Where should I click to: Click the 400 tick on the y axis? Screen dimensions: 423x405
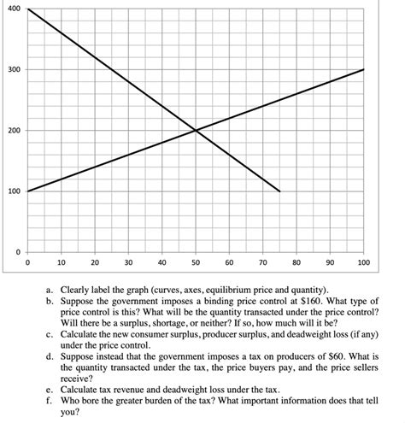pyautogui.click(x=14, y=9)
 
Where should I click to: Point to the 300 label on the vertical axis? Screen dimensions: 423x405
pyautogui.click(x=14, y=69)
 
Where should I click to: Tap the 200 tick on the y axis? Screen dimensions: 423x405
pyautogui.click(x=14, y=130)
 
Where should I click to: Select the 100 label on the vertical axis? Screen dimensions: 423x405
pyautogui.click(x=14, y=191)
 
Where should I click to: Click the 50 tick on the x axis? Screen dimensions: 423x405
pyautogui.click(x=196, y=263)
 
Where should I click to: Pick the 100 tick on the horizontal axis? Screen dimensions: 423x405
pyautogui.click(x=363, y=263)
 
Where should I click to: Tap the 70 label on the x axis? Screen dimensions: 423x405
pyautogui.click(x=262, y=263)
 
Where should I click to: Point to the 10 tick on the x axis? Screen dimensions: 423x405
pyautogui.click(x=61, y=263)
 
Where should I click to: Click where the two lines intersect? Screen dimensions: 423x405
pyautogui.click(x=196, y=130)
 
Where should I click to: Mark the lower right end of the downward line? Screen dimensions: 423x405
pyautogui.click(x=279, y=191)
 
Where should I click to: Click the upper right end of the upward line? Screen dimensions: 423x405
pyautogui.click(x=364, y=69)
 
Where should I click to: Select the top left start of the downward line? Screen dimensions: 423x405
pyautogui.click(x=27, y=9)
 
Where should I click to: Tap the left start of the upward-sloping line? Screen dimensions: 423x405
pyautogui.click(x=27, y=191)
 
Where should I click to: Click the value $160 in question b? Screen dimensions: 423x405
pyautogui.click(x=291, y=302)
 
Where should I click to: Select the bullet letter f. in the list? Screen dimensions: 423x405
pyautogui.click(x=50, y=400)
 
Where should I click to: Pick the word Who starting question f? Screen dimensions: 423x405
pyautogui.click(x=69, y=400)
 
